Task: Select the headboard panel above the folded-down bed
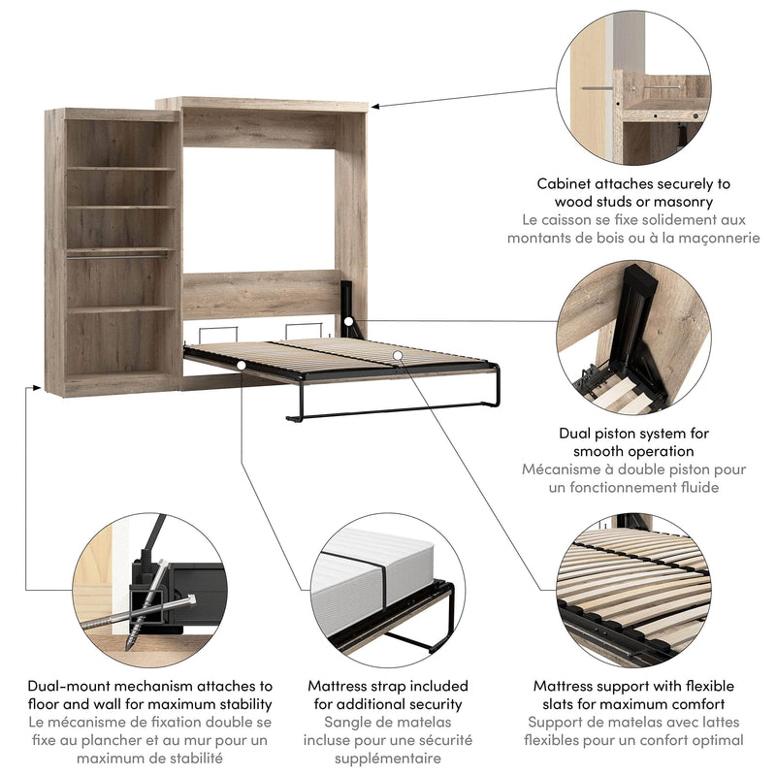click(260, 295)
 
